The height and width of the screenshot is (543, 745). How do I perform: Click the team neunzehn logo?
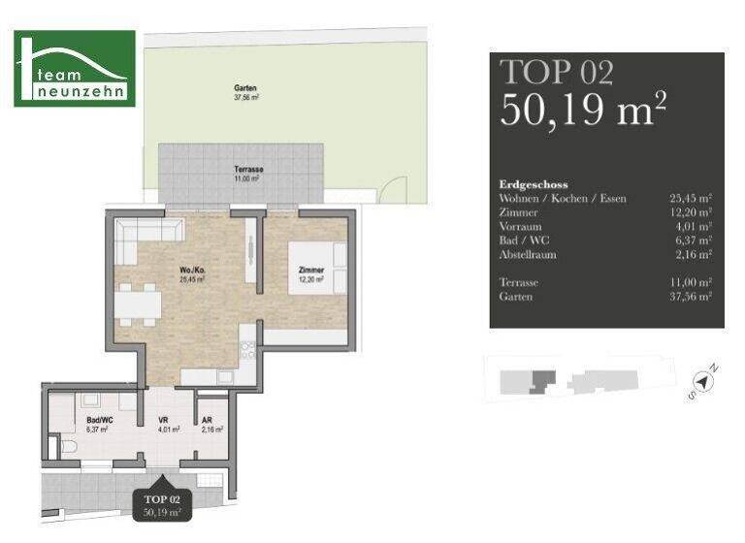pyautogui.click(x=75, y=68)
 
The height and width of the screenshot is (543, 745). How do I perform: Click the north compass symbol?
pyautogui.click(x=705, y=382)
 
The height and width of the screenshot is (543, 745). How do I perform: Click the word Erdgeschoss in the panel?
pyautogui.click(x=533, y=184)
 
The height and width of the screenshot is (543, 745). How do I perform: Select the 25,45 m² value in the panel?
pyautogui.click(x=691, y=199)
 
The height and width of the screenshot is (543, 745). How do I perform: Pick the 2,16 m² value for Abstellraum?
pyautogui.click(x=693, y=254)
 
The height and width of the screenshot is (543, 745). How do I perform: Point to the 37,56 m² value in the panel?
pyautogui.click(x=691, y=297)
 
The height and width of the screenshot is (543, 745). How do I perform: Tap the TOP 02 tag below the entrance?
pyautogui.click(x=163, y=504)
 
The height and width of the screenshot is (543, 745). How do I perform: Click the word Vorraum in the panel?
pyautogui.click(x=521, y=226)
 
